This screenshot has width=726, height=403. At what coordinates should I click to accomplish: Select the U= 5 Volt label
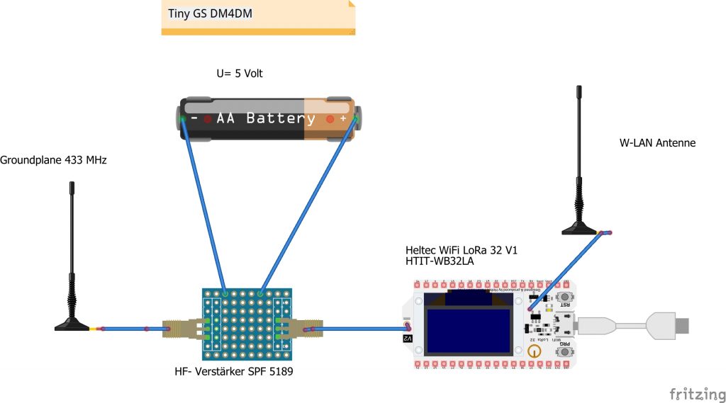click(240, 73)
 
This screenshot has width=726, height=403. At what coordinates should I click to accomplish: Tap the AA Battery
click(270, 118)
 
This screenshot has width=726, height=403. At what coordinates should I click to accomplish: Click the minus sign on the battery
click(194, 118)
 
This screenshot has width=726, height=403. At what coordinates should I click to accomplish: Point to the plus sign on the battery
click(343, 119)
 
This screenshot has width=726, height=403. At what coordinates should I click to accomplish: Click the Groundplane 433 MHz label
click(53, 161)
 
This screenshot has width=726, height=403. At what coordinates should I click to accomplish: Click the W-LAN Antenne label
click(657, 143)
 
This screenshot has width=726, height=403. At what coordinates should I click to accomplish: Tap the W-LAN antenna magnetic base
click(581, 228)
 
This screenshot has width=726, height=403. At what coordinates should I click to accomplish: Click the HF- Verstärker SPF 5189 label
click(234, 371)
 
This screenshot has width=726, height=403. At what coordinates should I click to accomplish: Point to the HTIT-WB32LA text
click(440, 261)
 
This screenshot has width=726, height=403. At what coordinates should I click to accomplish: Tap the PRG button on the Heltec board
click(566, 351)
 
